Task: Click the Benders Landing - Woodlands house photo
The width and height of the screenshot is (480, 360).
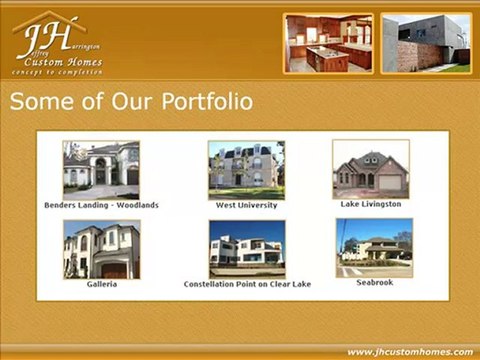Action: (x=101, y=169)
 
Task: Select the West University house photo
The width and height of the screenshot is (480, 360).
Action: (x=246, y=169)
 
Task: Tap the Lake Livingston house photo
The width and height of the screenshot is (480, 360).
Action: (x=371, y=169)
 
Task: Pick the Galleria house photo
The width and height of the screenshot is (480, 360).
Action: (x=101, y=249)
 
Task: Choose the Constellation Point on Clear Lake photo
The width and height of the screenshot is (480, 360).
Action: (x=246, y=249)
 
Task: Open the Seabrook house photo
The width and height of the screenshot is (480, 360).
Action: (x=374, y=247)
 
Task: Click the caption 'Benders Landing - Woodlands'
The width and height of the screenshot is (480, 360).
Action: (x=101, y=205)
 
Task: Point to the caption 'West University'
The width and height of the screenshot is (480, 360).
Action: (x=246, y=205)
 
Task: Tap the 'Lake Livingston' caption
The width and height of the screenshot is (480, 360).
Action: (x=371, y=204)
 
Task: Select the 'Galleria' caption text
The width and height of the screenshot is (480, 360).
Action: (x=101, y=284)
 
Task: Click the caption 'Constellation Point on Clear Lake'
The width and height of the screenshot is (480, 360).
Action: (x=247, y=284)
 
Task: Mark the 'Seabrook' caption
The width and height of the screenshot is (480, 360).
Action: (x=374, y=282)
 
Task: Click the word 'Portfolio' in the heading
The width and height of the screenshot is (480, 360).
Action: (x=199, y=102)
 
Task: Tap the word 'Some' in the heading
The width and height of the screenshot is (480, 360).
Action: (x=37, y=102)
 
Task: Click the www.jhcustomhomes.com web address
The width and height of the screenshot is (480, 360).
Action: (x=410, y=352)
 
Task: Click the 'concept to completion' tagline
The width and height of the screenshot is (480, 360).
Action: (x=57, y=73)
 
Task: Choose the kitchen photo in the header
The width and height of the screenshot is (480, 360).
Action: (x=328, y=43)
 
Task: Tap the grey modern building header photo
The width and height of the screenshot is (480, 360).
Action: (x=425, y=43)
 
